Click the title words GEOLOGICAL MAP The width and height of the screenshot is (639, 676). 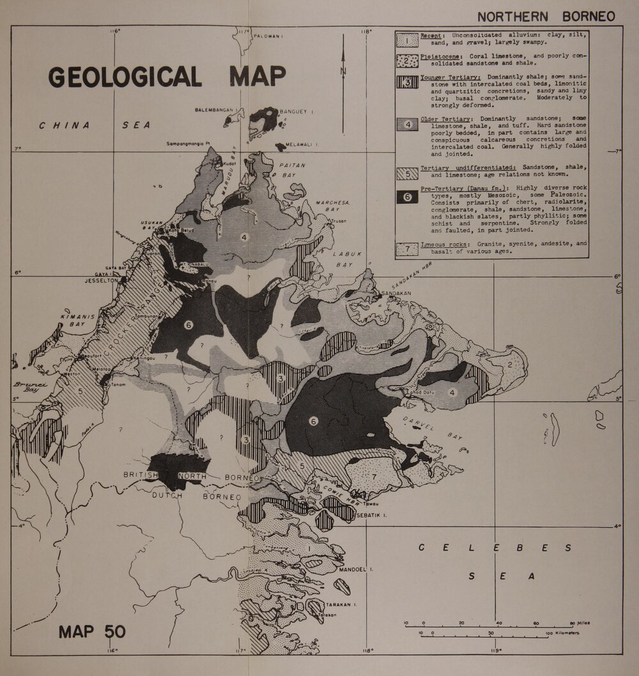[x=167, y=76]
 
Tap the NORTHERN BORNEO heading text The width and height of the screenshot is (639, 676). [x=546, y=17]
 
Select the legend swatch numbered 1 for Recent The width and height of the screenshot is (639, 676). [x=407, y=40]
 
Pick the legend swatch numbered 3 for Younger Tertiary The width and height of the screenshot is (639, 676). [x=407, y=82]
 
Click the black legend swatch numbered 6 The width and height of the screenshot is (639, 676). [x=407, y=197]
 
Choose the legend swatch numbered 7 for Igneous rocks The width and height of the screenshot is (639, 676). [x=407, y=249]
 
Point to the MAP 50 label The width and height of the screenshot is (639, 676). [x=92, y=631]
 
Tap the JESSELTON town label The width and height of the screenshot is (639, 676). [x=102, y=280]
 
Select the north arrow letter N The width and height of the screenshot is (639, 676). [x=343, y=72]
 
